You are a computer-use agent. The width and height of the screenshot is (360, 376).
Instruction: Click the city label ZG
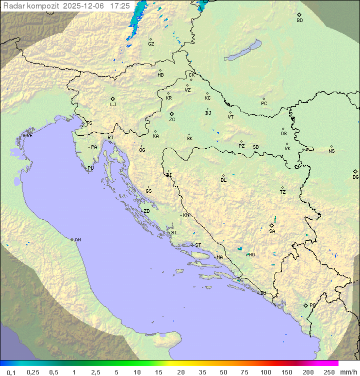pyautogui.click(x=172, y=120)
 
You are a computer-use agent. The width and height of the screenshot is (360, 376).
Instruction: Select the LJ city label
pyautogui.click(x=113, y=105)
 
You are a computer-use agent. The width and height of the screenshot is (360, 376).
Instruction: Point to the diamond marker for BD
pyautogui.click(x=299, y=15)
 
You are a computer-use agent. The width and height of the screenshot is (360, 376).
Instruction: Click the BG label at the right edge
pyautogui.click(x=355, y=177)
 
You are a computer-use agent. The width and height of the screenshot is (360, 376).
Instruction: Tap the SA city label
pyautogui.click(x=272, y=231)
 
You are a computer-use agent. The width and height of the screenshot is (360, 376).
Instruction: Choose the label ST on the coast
pyautogui.click(x=198, y=245)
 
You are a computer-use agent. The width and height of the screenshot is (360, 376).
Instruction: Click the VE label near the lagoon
pyautogui.click(x=29, y=136)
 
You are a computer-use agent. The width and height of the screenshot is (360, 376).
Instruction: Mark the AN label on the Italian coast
pyautogui.click(x=77, y=240)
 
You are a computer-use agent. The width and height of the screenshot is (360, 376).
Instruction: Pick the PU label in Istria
pyautogui.click(x=90, y=168)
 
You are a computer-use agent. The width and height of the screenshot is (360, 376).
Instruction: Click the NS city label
pyautogui.click(x=331, y=151)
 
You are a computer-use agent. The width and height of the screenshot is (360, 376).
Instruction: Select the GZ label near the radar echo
pyautogui.click(x=151, y=44)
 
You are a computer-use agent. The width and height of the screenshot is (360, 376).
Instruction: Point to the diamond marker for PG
pyautogui.click(x=305, y=305)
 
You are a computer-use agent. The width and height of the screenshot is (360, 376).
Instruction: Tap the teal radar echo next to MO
pyautogui.click(x=239, y=248)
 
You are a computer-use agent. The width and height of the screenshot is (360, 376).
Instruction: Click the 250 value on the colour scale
pyautogui.click(x=329, y=372)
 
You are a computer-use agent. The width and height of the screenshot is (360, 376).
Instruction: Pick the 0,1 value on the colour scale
pyautogui.click(x=11, y=372)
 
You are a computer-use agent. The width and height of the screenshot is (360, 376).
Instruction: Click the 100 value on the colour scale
pyautogui.click(x=265, y=372)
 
